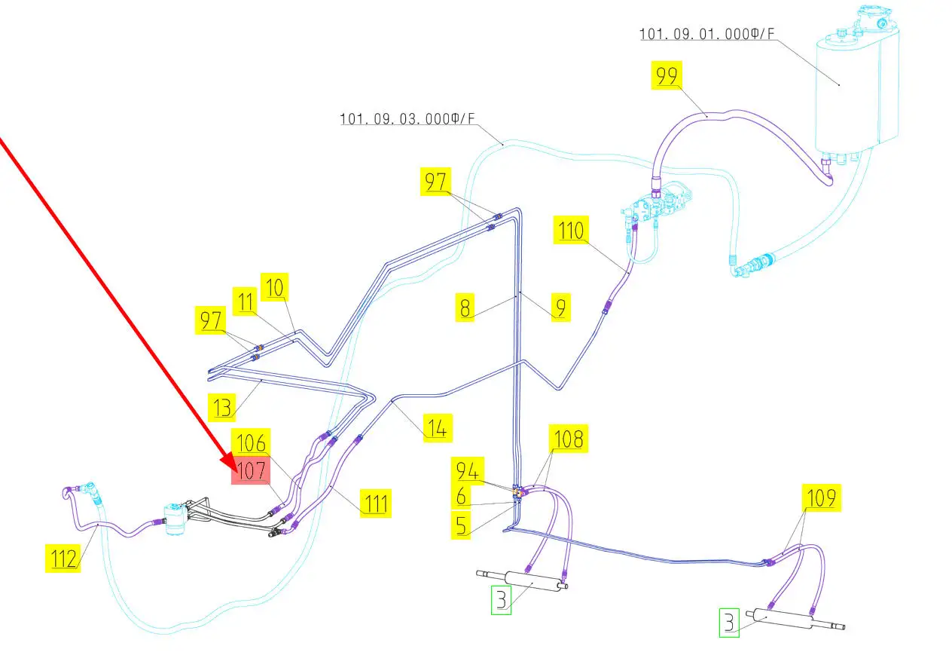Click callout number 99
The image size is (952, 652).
tap(667, 76)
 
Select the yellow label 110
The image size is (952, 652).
tap(571, 231)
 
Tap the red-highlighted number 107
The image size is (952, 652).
tap(251, 471)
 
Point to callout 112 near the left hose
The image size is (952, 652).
tap(63, 559)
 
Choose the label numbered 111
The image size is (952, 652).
tap(375, 503)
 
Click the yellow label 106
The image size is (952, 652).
tap(251, 442)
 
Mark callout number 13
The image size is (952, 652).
tap(223, 408)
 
